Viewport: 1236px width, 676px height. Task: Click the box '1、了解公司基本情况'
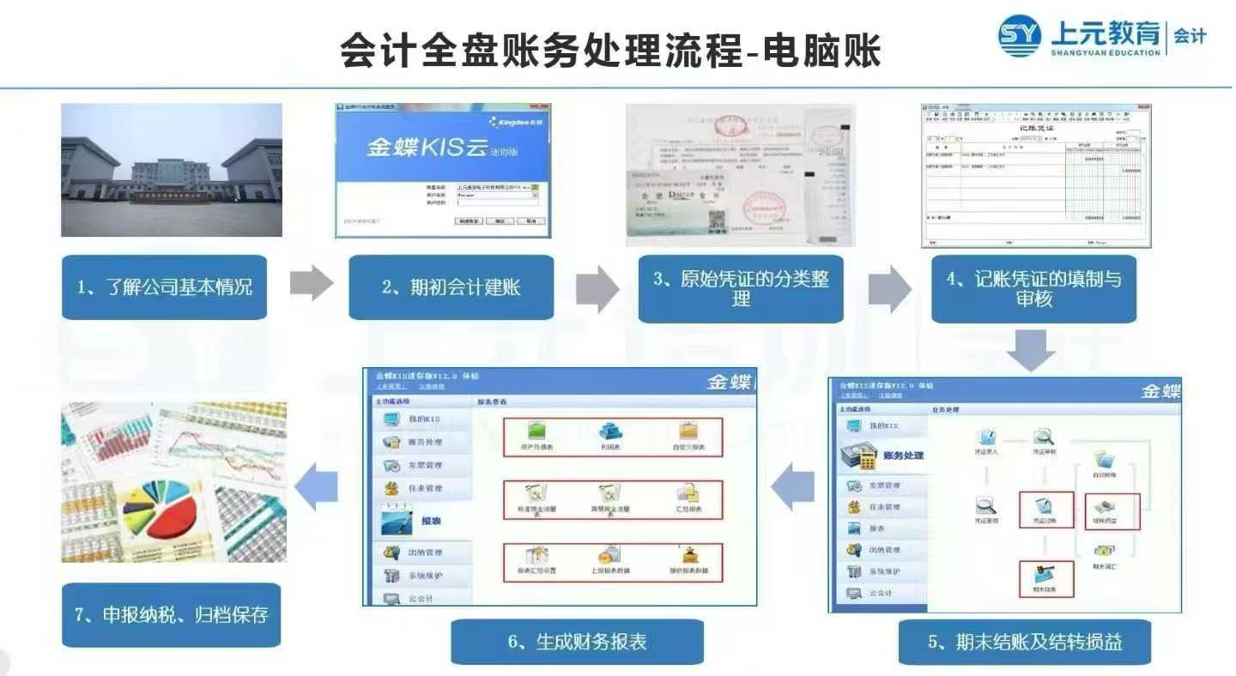[164, 287]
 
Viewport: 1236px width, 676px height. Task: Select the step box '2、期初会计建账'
[451, 287]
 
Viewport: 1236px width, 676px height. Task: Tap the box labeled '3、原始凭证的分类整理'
[741, 289]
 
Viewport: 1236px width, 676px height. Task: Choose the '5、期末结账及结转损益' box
[1025, 642]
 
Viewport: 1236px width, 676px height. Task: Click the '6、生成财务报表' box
[577, 642]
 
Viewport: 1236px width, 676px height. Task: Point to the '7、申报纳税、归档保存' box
[171, 615]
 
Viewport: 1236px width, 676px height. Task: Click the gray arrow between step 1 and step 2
[311, 284]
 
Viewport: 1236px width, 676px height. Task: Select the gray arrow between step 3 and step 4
[888, 288]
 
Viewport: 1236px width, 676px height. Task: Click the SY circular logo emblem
[1020, 36]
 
